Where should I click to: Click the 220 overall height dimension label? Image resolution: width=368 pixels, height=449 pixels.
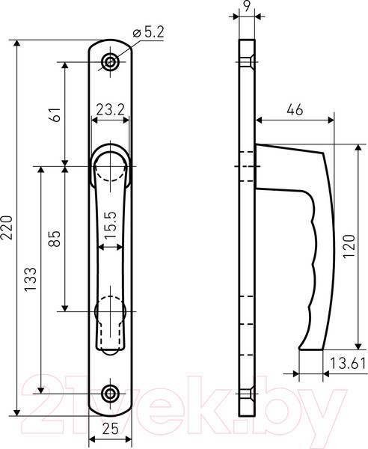click(6, 227)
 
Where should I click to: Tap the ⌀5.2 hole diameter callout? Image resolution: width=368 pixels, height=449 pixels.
click(149, 33)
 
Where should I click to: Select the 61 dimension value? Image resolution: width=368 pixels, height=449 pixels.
click(56, 114)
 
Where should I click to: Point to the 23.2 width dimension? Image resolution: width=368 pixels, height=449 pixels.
click(110, 109)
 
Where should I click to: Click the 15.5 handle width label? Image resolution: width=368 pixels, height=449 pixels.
click(111, 224)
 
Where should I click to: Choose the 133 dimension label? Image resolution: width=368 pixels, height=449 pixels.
click(31, 279)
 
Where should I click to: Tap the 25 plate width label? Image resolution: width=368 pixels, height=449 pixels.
click(110, 429)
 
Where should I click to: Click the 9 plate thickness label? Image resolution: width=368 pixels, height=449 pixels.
click(246, 6)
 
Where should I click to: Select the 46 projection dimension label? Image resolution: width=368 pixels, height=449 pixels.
click(295, 110)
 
